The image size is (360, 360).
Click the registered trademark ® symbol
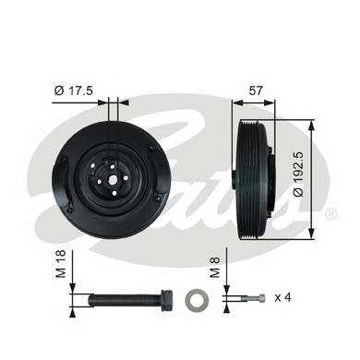(330, 215)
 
